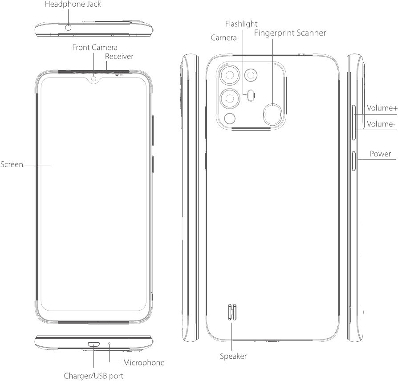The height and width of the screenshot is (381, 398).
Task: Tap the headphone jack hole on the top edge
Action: (x=69, y=28)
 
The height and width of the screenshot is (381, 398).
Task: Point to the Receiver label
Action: (x=119, y=57)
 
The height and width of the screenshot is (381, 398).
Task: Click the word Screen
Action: (x=12, y=164)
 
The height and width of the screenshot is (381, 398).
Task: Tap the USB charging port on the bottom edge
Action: (x=93, y=344)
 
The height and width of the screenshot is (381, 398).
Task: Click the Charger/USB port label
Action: (x=93, y=375)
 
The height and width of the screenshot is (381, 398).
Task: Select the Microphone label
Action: (x=143, y=363)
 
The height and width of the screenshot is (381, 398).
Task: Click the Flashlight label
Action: (x=241, y=24)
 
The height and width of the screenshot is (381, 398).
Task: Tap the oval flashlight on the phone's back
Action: (x=252, y=94)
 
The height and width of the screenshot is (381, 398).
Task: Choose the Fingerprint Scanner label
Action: (x=289, y=33)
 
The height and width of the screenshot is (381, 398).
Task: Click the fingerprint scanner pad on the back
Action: (x=272, y=114)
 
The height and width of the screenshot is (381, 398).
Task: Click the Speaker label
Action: (x=233, y=356)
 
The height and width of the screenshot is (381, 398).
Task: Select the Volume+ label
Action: (x=382, y=108)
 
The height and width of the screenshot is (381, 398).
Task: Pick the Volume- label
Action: (x=381, y=124)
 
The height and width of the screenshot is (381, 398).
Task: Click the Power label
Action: (x=380, y=154)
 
